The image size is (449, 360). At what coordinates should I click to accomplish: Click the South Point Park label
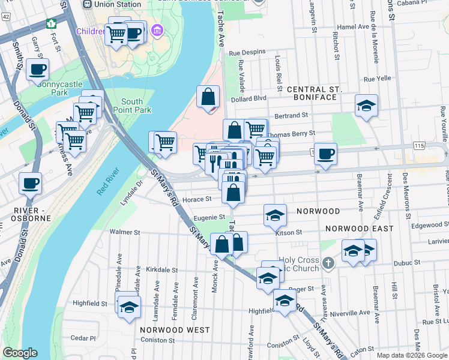pyautogui.click(x=136, y=106)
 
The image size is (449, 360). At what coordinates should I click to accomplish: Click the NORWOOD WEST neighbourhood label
pyautogui.click(x=175, y=330)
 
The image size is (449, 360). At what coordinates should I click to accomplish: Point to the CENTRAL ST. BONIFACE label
pyautogui.click(x=314, y=93)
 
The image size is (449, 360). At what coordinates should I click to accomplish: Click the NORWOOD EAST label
pyautogui.click(x=359, y=229)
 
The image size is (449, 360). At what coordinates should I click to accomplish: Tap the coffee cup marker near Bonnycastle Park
pyautogui.click(x=37, y=70)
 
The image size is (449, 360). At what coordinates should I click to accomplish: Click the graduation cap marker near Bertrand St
pyautogui.click(x=366, y=106)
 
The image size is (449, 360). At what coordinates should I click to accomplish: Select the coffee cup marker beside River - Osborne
pyautogui.click(x=30, y=184)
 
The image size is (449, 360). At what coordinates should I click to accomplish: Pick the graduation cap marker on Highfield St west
pyautogui.click(x=129, y=307)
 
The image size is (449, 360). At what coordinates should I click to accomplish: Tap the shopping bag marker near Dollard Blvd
pyautogui.click(x=208, y=97)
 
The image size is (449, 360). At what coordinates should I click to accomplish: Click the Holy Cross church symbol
pyautogui.click(x=327, y=262)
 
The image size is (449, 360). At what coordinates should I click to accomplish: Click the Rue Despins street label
pyautogui.click(x=251, y=52)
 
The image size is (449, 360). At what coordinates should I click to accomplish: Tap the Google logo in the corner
pyautogui.click(x=19, y=353)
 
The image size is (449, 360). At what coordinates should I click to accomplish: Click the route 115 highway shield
pyautogui.click(x=418, y=146)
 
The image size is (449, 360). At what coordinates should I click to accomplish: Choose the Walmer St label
pyautogui.click(x=124, y=232)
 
